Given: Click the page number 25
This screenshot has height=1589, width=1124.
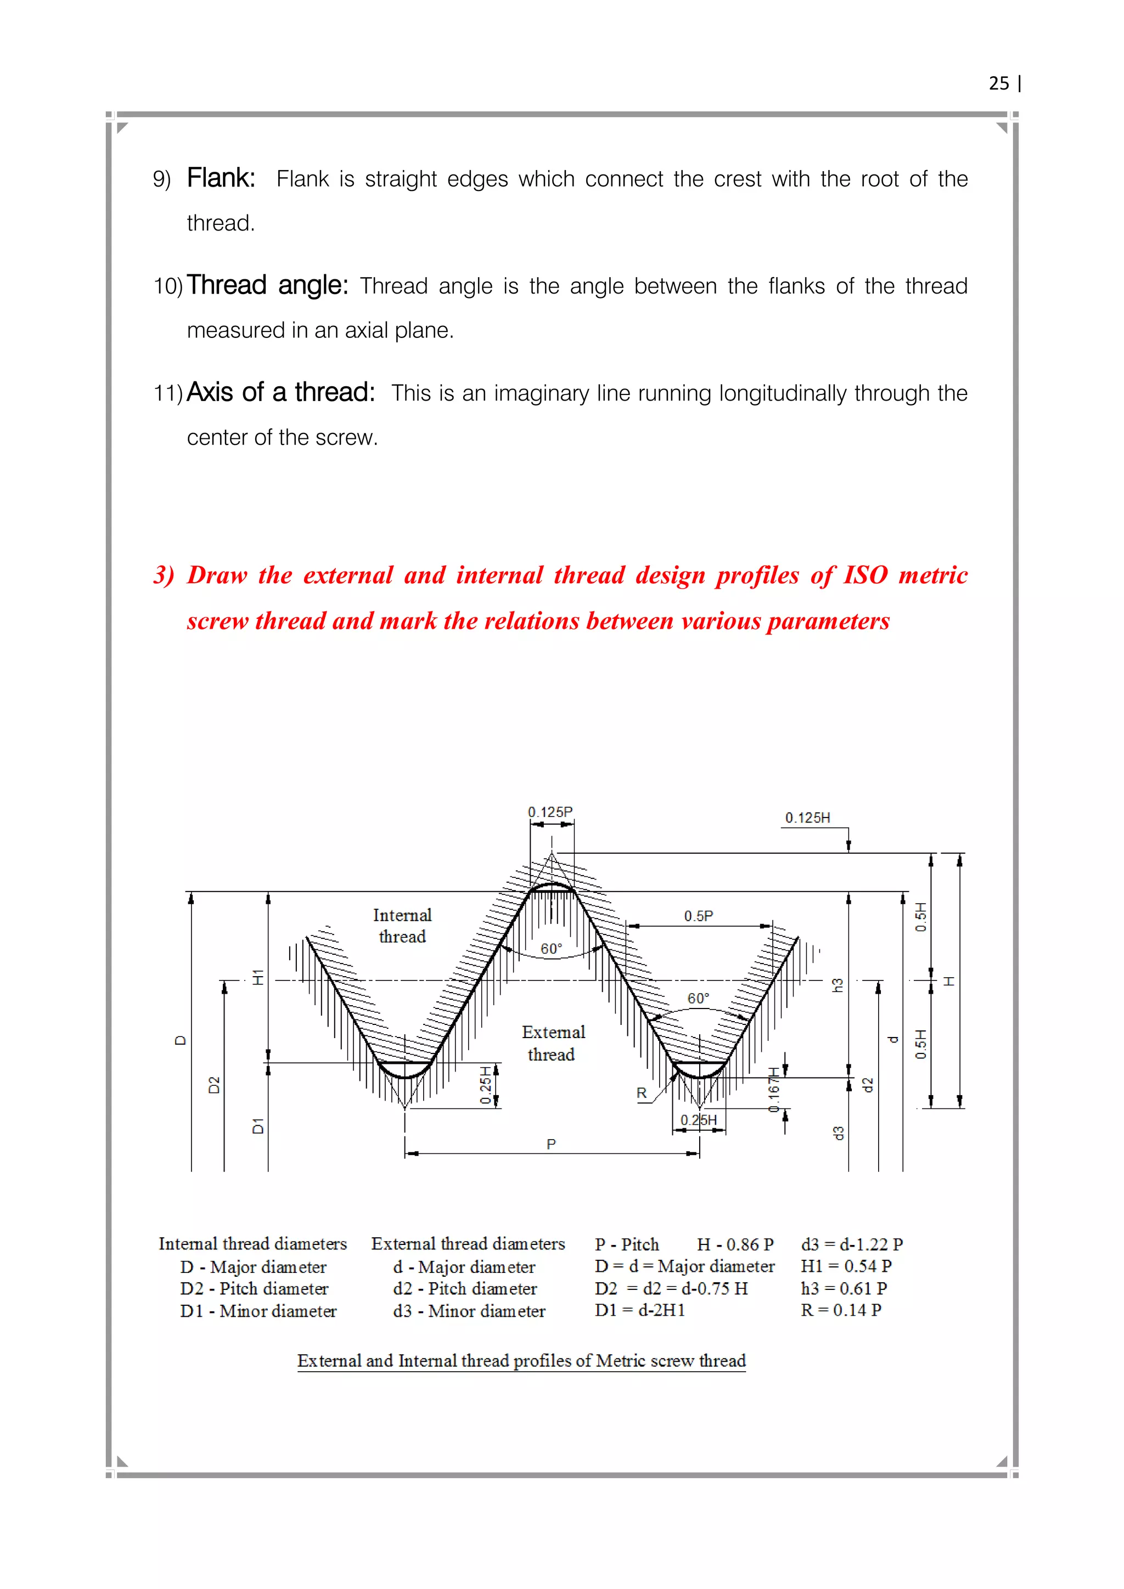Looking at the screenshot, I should click(x=999, y=84).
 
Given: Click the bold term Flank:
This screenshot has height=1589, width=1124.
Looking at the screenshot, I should click(x=221, y=178).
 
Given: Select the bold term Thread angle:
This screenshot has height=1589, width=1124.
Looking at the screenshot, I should click(x=267, y=285).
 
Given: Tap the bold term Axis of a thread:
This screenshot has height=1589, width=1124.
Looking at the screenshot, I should click(x=280, y=392).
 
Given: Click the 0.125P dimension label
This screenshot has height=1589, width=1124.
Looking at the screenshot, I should click(x=550, y=812).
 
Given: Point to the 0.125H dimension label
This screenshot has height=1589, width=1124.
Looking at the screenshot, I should click(x=807, y=818).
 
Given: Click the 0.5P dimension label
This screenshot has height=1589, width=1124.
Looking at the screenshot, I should click(x=698, y=916).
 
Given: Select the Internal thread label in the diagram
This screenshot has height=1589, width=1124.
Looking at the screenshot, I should click(x=402, y=926).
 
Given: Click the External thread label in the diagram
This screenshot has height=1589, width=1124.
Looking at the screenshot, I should click(x=553, y=1043).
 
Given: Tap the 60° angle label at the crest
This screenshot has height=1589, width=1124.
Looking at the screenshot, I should click(x=551, y=949).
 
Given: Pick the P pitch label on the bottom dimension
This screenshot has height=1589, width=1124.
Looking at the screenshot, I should click(x=551, y=1145).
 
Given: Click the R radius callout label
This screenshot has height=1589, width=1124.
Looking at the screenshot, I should click(x=642, y=1094).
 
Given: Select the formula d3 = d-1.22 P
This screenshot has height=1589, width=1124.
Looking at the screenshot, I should click(x=852, y=1244).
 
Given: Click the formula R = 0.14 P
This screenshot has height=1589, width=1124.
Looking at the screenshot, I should click(x=841, y=1310).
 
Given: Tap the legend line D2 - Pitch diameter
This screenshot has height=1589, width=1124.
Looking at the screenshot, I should click(x=254, y=1289).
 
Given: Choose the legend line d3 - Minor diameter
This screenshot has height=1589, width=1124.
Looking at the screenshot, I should click(x=469, y=1311).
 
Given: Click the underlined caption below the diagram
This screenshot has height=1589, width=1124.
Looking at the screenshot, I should click(x=521, y=1361).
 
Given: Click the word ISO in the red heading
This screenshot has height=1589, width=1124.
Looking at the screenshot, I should click(x=864, y=575).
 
